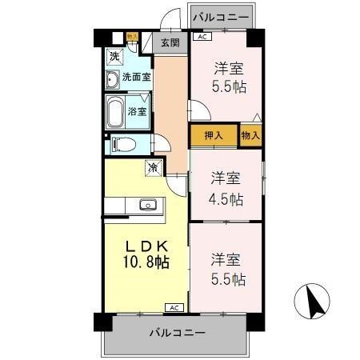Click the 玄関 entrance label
click(x=169, y=42)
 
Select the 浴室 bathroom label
click(x=137, y=111)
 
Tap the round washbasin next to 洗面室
click(x=112, y=78)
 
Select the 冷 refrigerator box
click(x=152, y=168)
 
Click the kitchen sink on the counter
click(x=147, y=205)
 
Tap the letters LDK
click(x=145, y=242)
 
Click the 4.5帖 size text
click(x=227, y=199)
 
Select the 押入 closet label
click(x=214, y=136)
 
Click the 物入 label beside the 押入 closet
click(x=250, y=136)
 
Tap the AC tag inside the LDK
click(x=173, y=307)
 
